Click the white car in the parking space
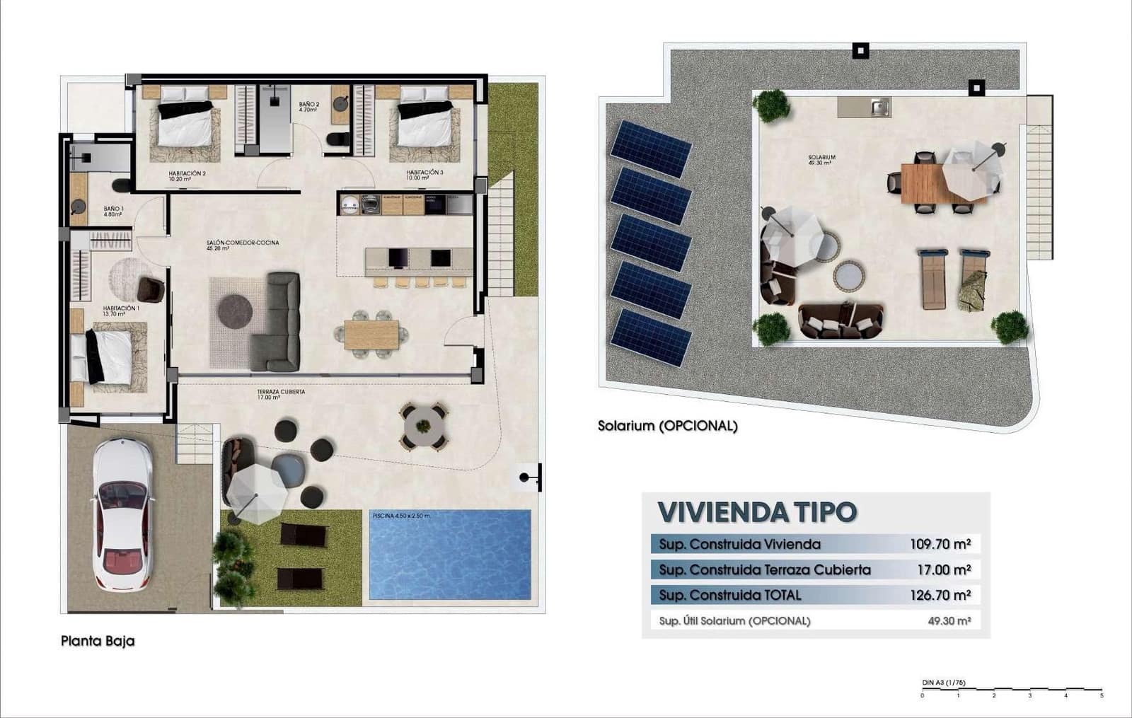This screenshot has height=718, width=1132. [122, 515]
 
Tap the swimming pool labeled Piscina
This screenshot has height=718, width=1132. [450, 555]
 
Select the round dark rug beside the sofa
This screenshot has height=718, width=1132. [235, 311]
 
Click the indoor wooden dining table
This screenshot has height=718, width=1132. [371, 335]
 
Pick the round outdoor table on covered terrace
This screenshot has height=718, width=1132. [423, 426]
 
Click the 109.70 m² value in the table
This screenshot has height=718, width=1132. [940, 544]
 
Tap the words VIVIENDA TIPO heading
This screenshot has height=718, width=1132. [757, 512]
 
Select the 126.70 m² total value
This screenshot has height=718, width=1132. [940, 595]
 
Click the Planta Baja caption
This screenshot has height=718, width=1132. [98, 641]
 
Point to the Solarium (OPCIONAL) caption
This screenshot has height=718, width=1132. [667, 426]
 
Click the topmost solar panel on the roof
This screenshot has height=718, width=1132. [651, 149]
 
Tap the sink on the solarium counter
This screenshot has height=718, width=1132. [879, 108]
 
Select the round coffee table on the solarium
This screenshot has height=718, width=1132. [848, 275]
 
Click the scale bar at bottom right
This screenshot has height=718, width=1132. [1012, 690]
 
